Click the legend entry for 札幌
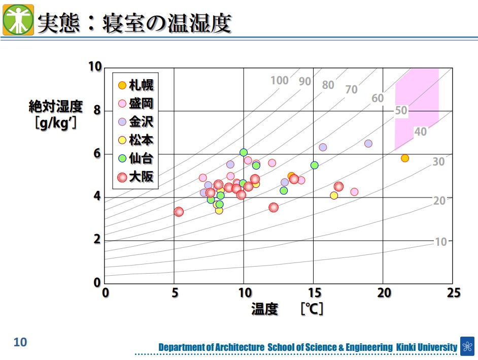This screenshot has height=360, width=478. tap(135, 85)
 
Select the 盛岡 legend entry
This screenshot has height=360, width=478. tap(135, 104)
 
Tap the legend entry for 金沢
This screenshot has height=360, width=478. tap(135, 122)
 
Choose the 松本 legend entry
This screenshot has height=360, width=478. tap(135, 140)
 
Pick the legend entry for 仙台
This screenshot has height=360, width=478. tap(135, 158)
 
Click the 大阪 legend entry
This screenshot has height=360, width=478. tap(135, 177)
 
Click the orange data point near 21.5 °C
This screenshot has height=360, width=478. tap(404, 158)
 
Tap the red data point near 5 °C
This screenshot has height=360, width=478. tap(179, 212)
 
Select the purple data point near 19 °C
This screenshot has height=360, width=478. tap(368, 144)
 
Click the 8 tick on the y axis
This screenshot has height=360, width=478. tap(96, 111)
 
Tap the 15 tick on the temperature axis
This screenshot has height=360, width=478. tap(314, 293)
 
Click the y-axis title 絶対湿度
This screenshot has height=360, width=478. tap(55, 107)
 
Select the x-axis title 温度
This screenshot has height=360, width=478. tap(265, 309)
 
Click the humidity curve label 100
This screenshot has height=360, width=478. tap(279, 80)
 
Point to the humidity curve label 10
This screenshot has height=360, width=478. tap(441, 242)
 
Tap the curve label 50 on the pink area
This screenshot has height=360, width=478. tap(401, 111)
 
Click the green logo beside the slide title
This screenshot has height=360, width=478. tap(18, 19)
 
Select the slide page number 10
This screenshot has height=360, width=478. tap(20, 342)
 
